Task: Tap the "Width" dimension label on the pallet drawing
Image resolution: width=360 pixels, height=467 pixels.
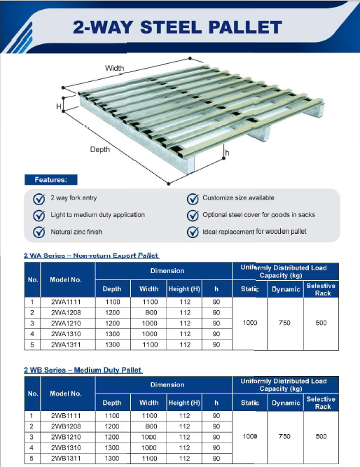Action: coord(115,68)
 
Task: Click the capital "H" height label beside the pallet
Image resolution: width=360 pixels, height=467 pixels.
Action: coord(59,106)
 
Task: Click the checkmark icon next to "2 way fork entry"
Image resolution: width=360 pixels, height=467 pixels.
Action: coord(39,198)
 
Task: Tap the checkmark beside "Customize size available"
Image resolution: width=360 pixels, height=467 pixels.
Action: coord(192,198)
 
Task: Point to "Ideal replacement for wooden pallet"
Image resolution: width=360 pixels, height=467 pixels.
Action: coord(254,232)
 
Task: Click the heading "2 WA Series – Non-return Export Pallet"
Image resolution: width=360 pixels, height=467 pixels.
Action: coord(92,256)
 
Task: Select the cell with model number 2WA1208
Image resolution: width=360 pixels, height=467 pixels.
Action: coord(67,312)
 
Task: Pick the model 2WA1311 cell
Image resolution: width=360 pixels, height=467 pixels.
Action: coord(67,344)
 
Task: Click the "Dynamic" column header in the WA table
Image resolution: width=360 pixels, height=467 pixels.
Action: coord(286,289)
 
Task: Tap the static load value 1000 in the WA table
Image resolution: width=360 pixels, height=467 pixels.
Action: coord(250,323)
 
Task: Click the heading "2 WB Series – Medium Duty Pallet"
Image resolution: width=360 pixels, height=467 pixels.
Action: coord(83,370)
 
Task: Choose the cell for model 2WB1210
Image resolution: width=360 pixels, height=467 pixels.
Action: coord(67,436)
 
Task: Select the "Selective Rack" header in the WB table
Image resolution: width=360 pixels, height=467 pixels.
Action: coord(322,403)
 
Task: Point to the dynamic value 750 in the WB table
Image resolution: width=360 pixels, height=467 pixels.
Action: coord(285,436)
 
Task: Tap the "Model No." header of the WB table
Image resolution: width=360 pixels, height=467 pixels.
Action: coord(67,394)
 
